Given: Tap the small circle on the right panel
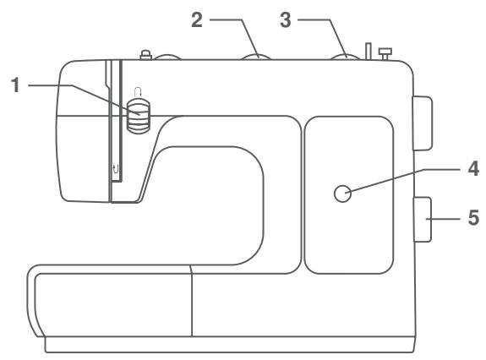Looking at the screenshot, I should point(342,195).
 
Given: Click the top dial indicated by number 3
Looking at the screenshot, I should point(344,57).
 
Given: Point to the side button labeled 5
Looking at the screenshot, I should point(423,220).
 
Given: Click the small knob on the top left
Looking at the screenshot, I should point(146,56).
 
